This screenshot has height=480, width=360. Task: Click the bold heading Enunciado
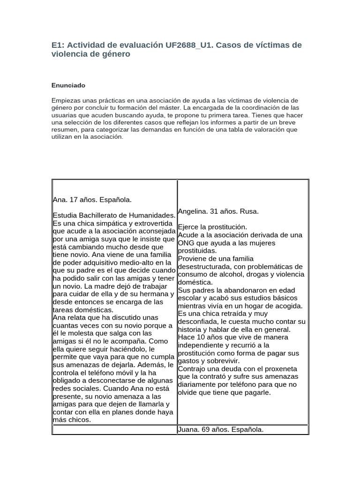pyautogui.click(x=68, y=85)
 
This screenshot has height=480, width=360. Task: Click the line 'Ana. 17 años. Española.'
pyautogui.click(x=92, y=200)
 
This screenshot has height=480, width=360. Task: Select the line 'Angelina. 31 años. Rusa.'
pyautogui.click(x=218, y=211)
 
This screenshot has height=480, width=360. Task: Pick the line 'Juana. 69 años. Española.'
pyautogui.click(x=221, y=429)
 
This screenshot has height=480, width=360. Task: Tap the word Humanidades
pyautogui.click(x=150, y=215)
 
